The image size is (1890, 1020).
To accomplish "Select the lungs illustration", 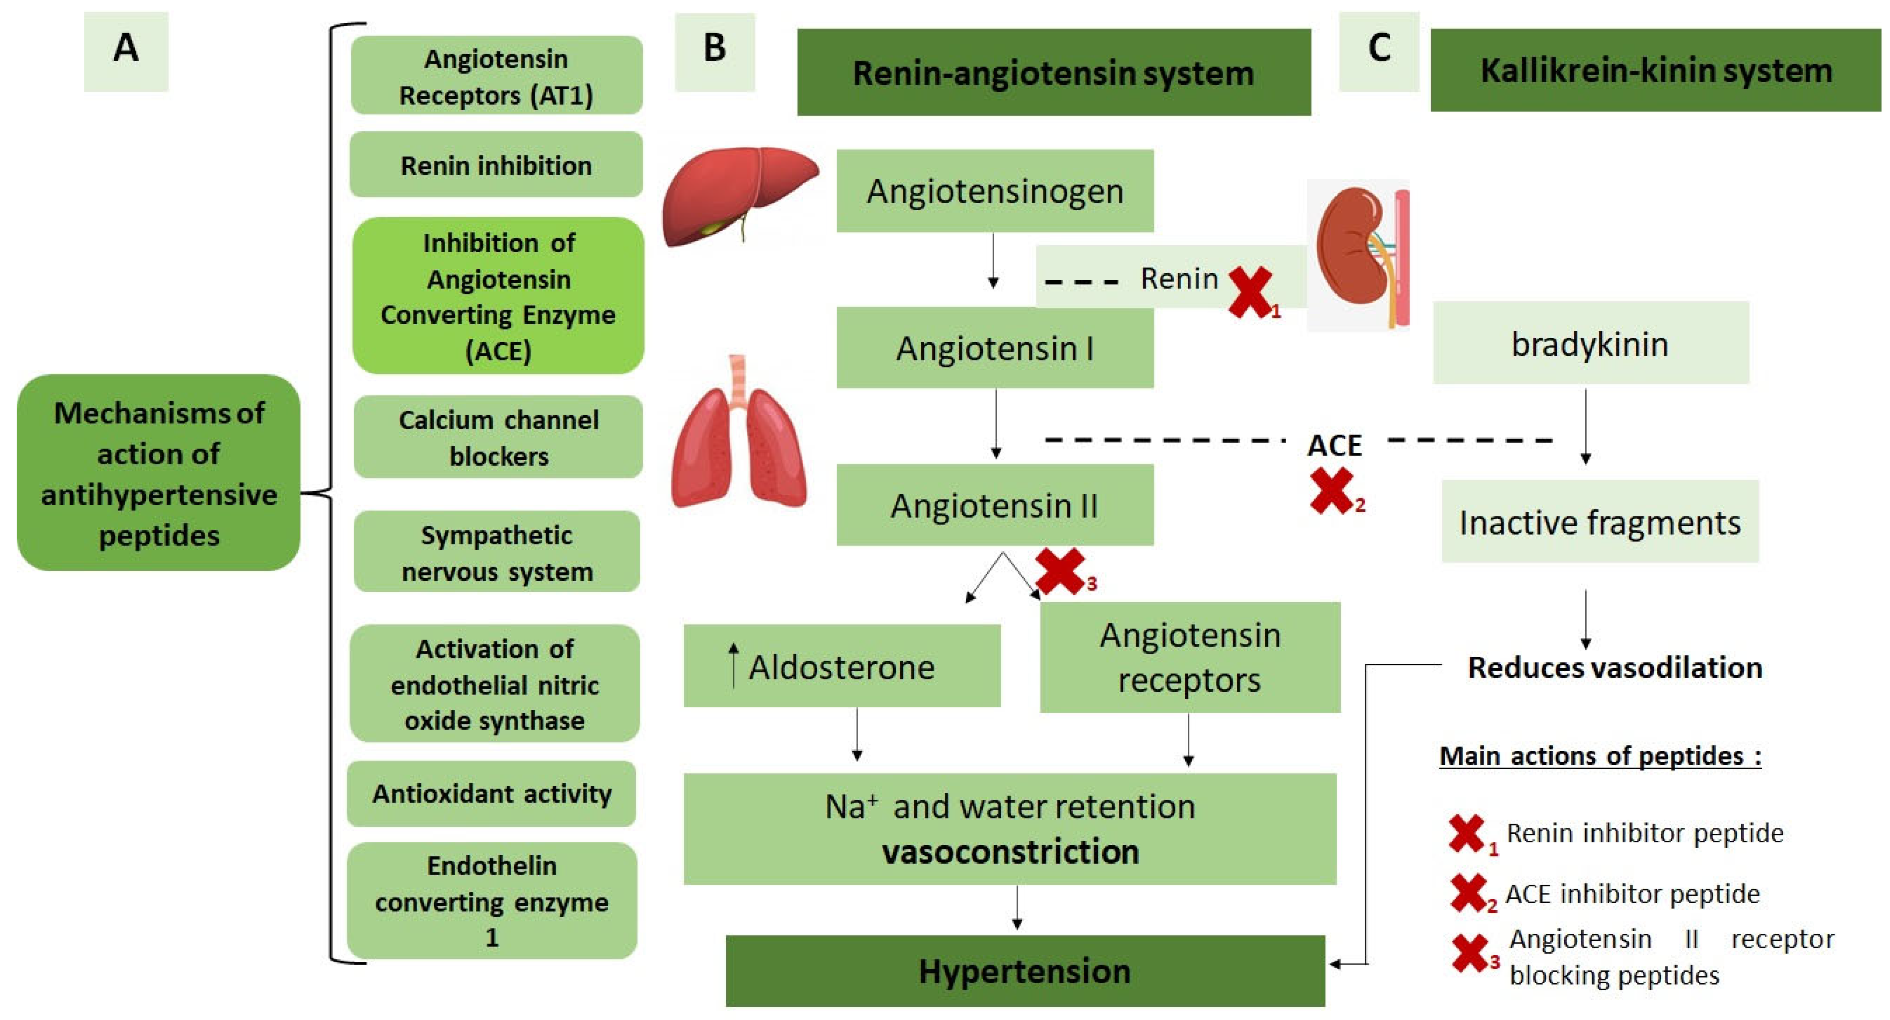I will [x=739, y=437].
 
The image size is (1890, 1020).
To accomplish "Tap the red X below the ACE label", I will [x=1332, y=491].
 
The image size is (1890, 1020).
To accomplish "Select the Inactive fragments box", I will [x=1599, y=522].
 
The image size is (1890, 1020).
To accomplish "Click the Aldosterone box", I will [x=841, y=667].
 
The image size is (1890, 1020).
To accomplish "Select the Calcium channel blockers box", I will [x=498, y=438].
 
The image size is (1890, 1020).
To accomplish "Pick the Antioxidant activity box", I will [x=491, y=794].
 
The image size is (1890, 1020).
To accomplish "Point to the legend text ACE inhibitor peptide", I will [x=1633, y=894].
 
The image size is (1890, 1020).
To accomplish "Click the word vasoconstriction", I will [x=1010, y=852].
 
